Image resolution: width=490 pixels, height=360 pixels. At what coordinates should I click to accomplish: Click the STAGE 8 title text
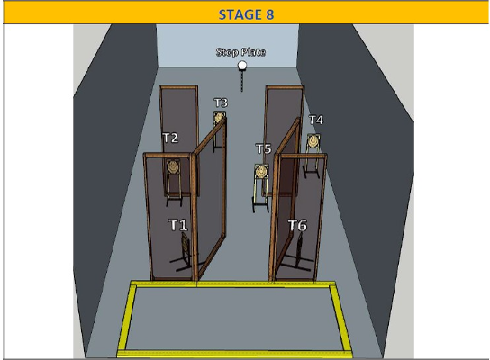click(246, 14)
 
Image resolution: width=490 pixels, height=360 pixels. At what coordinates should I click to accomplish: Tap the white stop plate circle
click(242, 66)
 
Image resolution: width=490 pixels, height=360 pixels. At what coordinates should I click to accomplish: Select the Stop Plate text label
click(240, 52)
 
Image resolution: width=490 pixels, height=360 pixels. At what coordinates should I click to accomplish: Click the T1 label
click(178, 225)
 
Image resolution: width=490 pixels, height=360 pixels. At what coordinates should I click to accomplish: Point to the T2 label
click(170, 138)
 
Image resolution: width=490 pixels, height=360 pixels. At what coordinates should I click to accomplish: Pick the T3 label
click(221, 103)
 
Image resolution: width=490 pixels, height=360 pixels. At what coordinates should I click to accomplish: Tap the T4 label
click(316, 120)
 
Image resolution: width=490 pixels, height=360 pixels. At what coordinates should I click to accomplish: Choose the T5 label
click(263, 148)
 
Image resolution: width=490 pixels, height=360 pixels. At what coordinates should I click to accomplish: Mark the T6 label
click(297, 225)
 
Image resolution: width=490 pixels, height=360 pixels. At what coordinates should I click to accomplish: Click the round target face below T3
click(219, 117)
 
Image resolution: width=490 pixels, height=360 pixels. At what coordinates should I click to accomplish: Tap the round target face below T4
click(313, 141)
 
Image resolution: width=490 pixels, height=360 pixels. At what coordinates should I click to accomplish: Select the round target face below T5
click(261, 172)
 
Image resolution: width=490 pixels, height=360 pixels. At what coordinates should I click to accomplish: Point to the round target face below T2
click(173, 167)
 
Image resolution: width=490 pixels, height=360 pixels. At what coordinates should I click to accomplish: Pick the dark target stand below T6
click(298, 253)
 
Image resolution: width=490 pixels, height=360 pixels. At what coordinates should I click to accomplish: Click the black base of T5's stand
click(260, 206)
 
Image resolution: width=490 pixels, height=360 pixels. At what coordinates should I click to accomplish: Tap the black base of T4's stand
click(312, 172)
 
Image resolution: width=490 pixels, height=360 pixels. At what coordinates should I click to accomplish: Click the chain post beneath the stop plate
click(241, 81)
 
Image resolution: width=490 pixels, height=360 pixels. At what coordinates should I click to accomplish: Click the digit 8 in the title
click(270, 14)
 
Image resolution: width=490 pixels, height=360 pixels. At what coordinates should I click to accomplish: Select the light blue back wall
click(228, 46)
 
